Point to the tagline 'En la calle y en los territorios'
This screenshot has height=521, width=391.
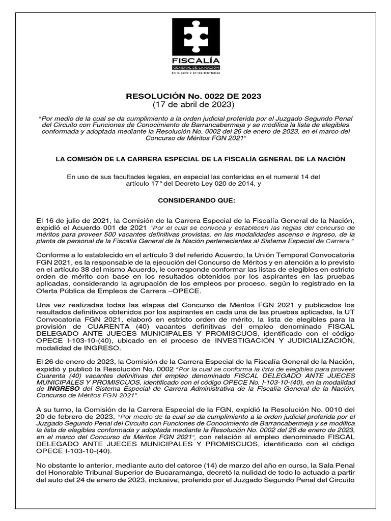pyautogui.click(x=195, y=73)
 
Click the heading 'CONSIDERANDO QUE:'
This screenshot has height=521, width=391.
pyautogui.click(x=197, y=201)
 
